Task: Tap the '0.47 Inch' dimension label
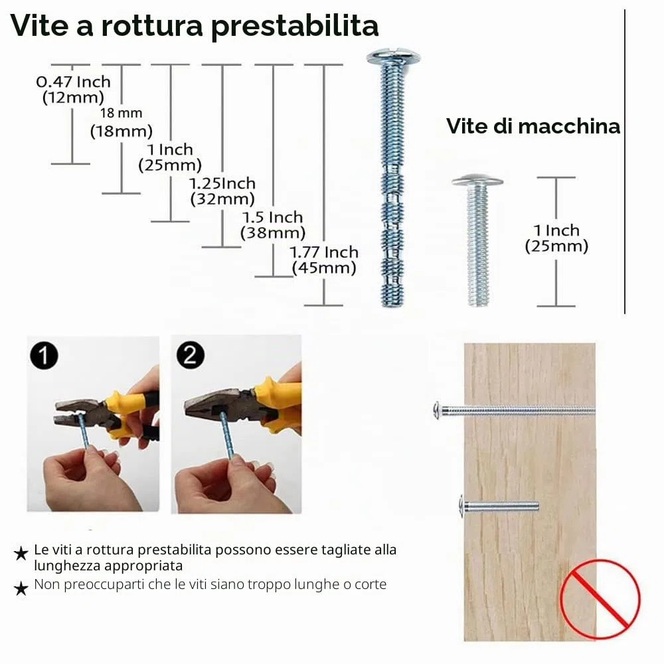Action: tap(73, 82)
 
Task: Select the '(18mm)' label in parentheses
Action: tap(122, 131)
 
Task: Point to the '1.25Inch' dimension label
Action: tap(222, 183)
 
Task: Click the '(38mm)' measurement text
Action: tap(273, 233)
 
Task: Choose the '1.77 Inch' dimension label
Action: tap(324, 252)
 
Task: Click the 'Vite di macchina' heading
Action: tap(533, 126)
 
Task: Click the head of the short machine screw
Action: tap(477, 181)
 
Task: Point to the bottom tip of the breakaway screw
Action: tap(393, 305)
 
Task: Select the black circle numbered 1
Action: tap(44, 356)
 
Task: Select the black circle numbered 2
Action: tap(190, 355)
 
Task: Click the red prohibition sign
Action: tap(600, 599)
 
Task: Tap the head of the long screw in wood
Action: tap(438, 410)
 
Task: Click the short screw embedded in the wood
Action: tap(499, 506)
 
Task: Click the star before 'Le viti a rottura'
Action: tap(21, 553)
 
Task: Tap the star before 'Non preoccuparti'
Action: tap(21, 588)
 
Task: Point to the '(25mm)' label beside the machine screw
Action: tap(556, 246)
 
